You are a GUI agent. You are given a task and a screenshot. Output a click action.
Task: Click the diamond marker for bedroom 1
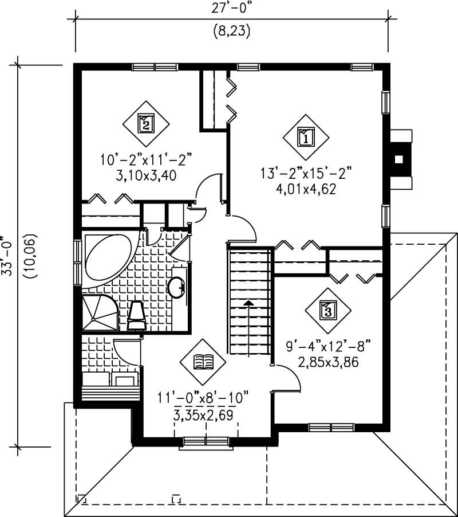click(306, 137)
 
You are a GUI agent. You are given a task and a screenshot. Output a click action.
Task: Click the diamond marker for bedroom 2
click(146, 122)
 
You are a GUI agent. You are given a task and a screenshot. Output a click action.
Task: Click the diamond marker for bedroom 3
click(327, 311)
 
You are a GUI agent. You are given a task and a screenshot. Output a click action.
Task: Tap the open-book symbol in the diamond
click(203, 361)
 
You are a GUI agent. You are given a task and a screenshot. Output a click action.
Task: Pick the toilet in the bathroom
click(136, 316)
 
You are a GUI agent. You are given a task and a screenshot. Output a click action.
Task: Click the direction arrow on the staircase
click(248, 304)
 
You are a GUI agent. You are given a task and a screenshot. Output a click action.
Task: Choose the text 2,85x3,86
click(329, 362)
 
